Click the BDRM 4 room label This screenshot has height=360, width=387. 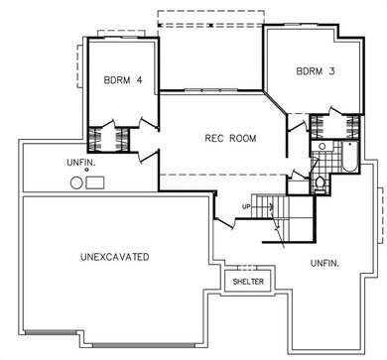click(123, 80)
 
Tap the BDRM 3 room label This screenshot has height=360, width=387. click(316, 71)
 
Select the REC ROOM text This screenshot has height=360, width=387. click(230, 138)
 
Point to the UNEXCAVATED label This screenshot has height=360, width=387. click(115, 257)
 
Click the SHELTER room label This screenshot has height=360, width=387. click(248, 282)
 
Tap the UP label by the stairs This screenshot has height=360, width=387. click(246, 207)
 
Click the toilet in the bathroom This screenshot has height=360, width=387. click(320, 183)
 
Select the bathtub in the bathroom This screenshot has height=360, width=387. click(349, 157)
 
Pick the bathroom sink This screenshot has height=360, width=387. click(322, 146)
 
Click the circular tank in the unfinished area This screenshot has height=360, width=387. click(76, 182)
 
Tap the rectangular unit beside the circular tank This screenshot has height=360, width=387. click(95, 182)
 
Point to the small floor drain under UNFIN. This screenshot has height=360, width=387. click(86, 170)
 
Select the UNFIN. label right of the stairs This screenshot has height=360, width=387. click(325, 264)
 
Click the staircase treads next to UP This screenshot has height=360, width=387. click(270, 206)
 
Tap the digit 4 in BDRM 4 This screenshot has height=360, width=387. click(139, 80)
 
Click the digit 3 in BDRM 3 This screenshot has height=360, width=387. click(331, 71)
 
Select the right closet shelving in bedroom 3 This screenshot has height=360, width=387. click(352, 127)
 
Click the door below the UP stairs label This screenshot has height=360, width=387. click(225, 222)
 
